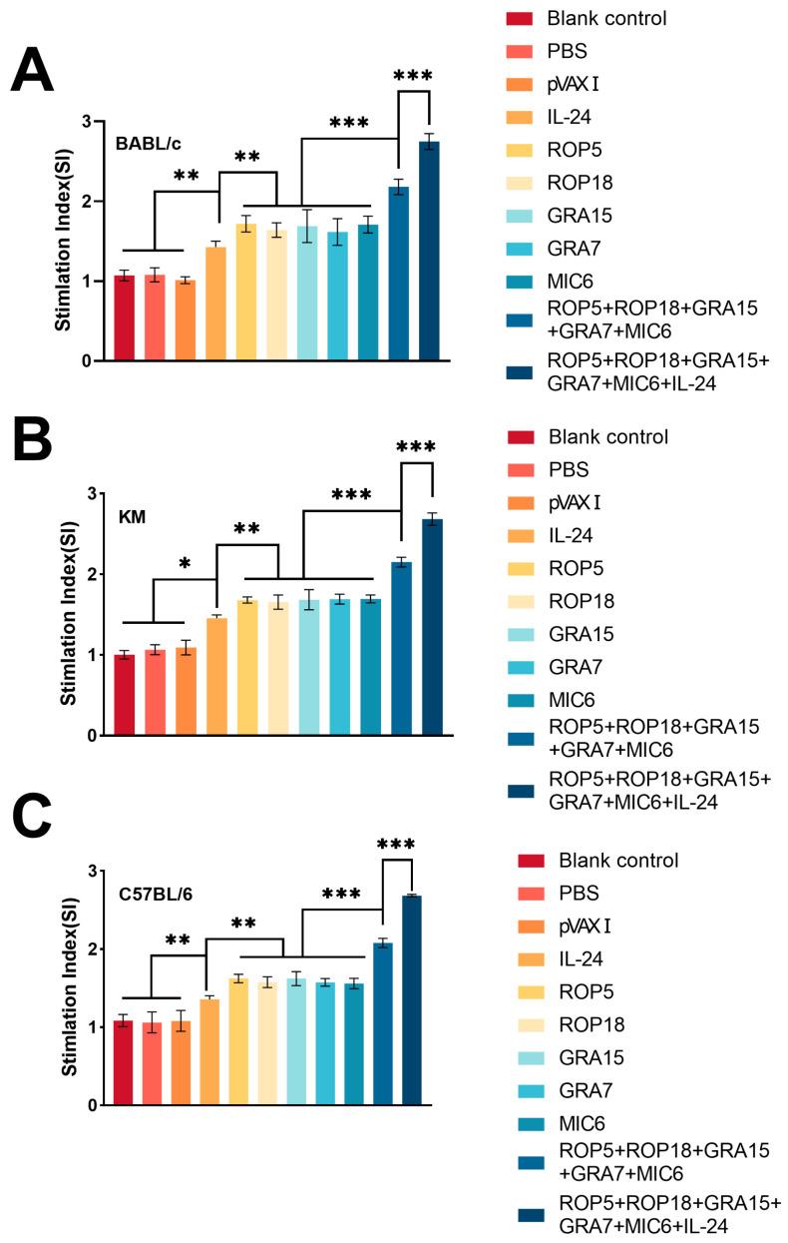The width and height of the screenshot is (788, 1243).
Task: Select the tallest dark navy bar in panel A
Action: [x=429, y=251]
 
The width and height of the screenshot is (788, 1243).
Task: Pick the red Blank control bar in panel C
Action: [x=123, y=1062]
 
